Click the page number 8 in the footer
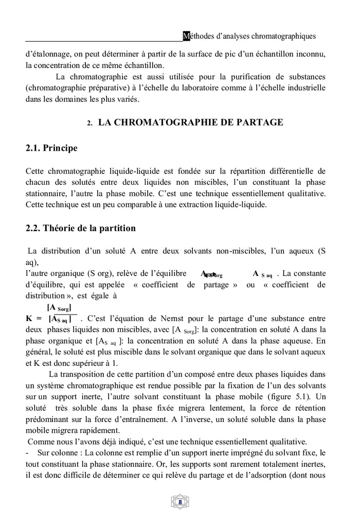[180, 502]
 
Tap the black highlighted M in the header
[186, 36]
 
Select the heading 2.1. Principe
[51, 148]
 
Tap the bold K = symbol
[34, 319]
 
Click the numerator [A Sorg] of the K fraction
[59, 308]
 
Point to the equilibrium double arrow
[208, 274]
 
